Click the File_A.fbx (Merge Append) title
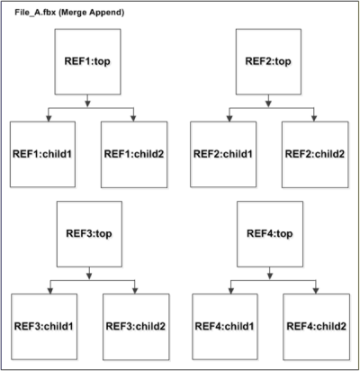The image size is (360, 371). pyautogui.click(x=69, y=13)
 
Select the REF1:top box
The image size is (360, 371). pyautogui.click(x=87, y=62)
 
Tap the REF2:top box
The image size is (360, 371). pyautogui.click(x=268, y=62)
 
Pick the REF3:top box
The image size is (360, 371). pyautogui.click(x=89, y=234)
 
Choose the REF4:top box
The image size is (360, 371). pyautogui.click(x=270, y=234)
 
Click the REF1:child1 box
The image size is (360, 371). pyautogui.click(x=42, y=154)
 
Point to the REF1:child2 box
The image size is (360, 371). pyautogui.click(x=134, y=154)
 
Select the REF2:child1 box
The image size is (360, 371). pyautogui.click(x=223, y=154)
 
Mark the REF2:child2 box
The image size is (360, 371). pyautogui.click(x=315, y=154)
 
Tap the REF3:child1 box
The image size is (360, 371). pyautogui.click(x=44, y=327)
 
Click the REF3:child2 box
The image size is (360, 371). pyautogui.click(x=136, y=327)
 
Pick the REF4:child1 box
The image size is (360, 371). pyautogui.click(x=225, y=327)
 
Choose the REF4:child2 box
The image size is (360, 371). pyautogui.click(x=317, y=327)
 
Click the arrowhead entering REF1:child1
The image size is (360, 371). pyautogui.click(x=49, y=118)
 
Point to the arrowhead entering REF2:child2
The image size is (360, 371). pyautogui.click(x=314, y=118)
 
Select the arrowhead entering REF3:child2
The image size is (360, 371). pyautogui.click(x=135, y=291)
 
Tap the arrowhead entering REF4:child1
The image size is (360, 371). pyautogui.click(x=231, y=291)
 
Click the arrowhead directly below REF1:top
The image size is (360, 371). pyautogui.click(x=87, y=104)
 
